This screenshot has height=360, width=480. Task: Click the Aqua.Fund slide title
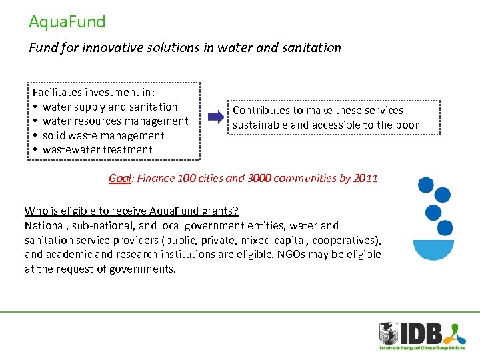(x=67, y=22)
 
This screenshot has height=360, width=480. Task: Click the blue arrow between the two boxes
(x=217, y=118)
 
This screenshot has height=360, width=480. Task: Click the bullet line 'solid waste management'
(x=103, y=135)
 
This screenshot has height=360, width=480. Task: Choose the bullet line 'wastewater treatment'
(x=97, y=149)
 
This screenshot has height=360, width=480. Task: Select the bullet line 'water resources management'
(x=115, y=121)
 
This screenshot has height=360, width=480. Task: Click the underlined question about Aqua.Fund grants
(x=131, y=211)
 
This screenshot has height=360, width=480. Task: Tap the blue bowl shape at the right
(x=433, y=249)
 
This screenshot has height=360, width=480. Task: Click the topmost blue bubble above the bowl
(x=425, y=184)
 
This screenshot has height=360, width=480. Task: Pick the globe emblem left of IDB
(x=389, y=333)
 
